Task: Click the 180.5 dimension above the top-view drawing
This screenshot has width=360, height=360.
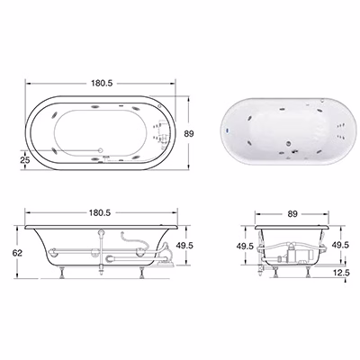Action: (102, 83)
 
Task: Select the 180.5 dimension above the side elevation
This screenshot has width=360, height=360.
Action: (100, 212)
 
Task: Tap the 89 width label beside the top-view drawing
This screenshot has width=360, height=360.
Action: (189, 133)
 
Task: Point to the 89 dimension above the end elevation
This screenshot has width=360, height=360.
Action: (292, 213)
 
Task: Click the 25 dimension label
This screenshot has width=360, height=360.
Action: (25, 160)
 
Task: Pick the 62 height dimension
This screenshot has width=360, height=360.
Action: (17, 253)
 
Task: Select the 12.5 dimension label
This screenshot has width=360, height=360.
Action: (341, 273)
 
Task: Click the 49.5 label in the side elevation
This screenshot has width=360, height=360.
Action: (184, 246)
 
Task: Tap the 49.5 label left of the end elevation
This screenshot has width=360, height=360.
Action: (245, 247)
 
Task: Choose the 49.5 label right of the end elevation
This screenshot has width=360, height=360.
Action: (340, 245)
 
